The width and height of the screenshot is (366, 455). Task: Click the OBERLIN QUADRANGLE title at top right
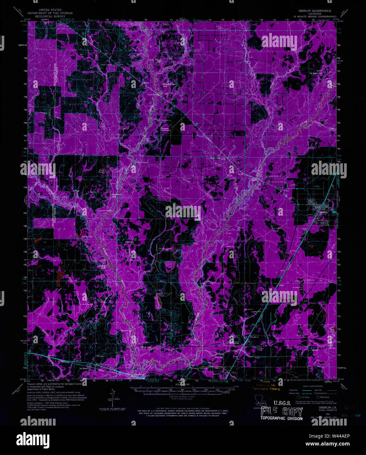(312, 11)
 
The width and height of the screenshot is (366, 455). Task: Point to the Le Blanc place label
(84, 369)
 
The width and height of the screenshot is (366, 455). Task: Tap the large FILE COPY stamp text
(281, 412)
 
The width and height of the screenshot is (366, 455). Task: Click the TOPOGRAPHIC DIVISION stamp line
(281, 418)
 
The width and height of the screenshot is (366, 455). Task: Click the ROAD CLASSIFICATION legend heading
(312, 386)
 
